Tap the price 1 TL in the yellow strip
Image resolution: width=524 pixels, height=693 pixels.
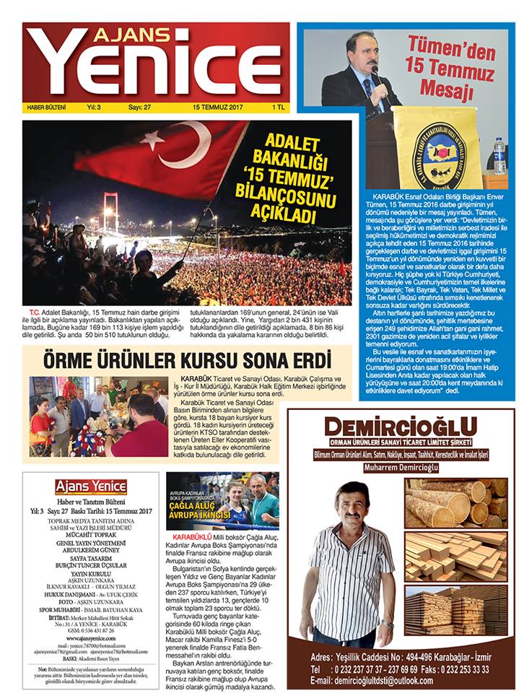click(274, 108)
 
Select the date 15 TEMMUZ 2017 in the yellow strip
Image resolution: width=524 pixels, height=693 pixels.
click(216, 108)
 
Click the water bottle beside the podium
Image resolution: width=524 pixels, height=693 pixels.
click(499, 155)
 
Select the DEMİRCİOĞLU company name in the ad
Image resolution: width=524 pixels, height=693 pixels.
click(401, 428)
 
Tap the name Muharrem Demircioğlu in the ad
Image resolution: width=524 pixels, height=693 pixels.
click(401, 466)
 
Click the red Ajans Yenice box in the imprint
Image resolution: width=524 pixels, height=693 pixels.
click(91, 486)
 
